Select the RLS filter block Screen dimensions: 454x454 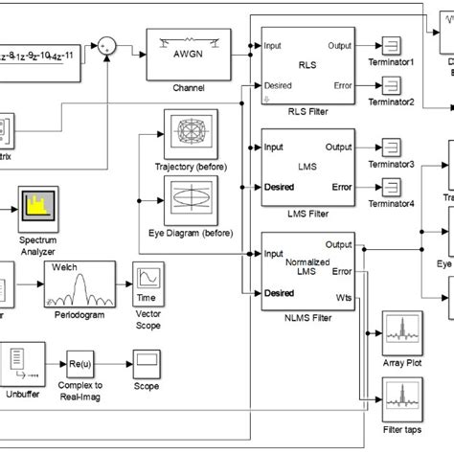(x=306, y=65)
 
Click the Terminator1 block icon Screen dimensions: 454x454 (x=392, y=46)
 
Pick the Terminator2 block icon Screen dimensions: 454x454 (x=392, y=85)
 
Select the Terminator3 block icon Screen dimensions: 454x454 (x=392, y=148)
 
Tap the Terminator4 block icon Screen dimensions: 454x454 (x=392, y=187)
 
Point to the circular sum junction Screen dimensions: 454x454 (x=107, y=45)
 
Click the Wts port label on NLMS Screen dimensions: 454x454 (x=344, y=298)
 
